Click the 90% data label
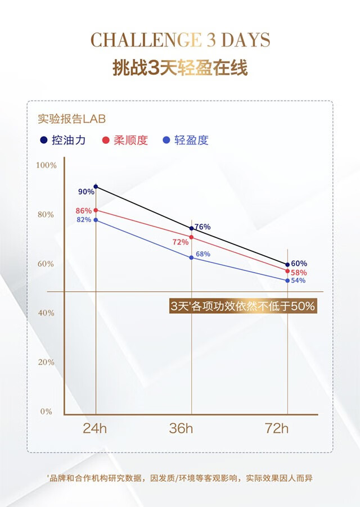point(86,192)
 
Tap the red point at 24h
point(96,210)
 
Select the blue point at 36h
point(192,257)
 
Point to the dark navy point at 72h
point(287,265)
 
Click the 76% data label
point(202,227)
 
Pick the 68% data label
point(203,254)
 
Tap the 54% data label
point(298,280)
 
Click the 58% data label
point(299,273)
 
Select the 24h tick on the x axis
point(94,428)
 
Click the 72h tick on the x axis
point(277,428)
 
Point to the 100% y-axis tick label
point(46,165)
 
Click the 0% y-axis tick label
point(46,411)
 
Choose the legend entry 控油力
point(63,141)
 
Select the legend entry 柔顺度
point(125,141)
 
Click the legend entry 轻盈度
point(185,141)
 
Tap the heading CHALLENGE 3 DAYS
point(180,40)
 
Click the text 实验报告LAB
point(71,119)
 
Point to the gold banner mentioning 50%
point(242,307)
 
